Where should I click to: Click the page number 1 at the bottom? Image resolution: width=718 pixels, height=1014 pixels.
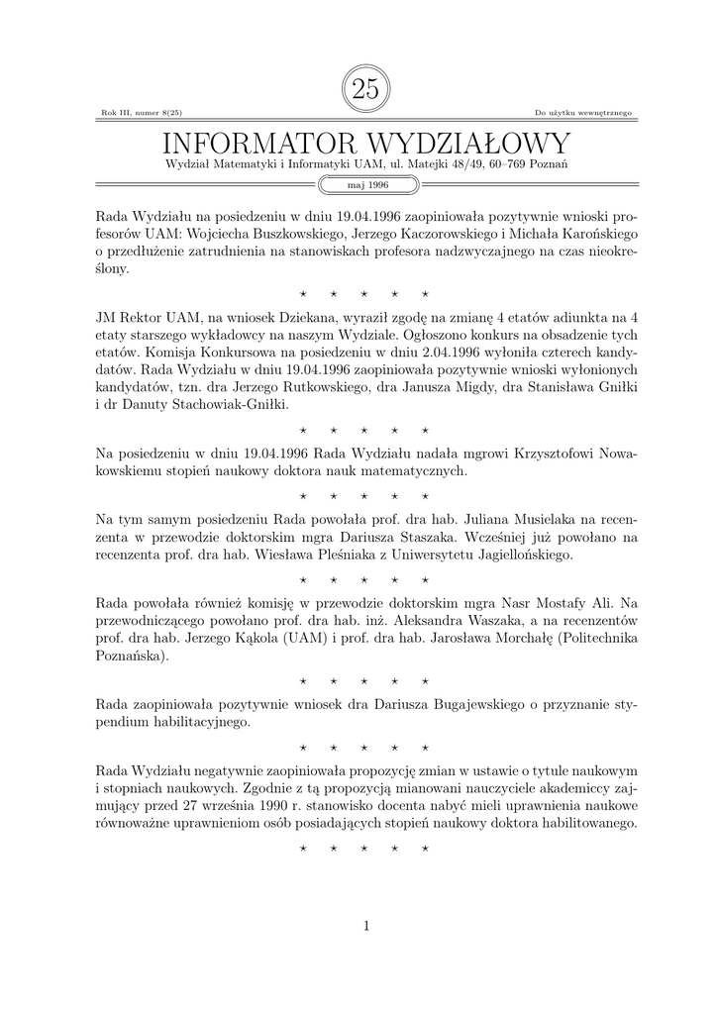pyautogui.click(x=365, y=926)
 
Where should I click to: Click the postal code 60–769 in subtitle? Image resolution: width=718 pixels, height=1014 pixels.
pyautogui.click(x=495, y=163)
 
